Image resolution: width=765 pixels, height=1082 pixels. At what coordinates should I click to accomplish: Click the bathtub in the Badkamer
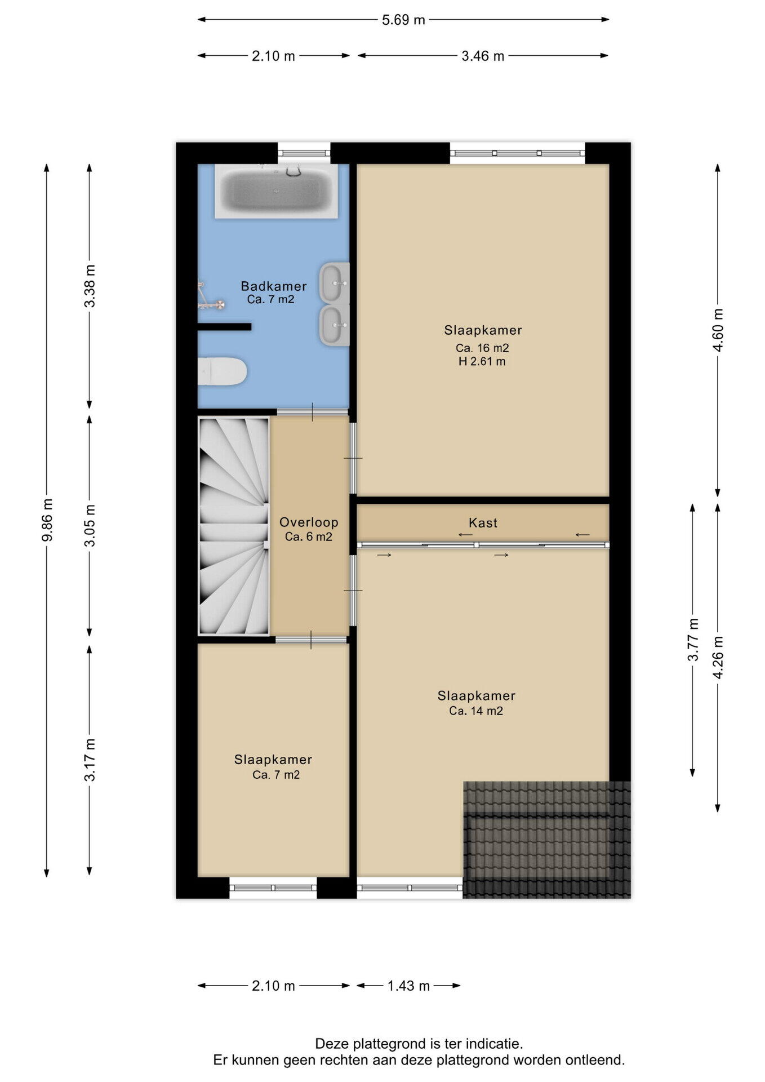(276, 191)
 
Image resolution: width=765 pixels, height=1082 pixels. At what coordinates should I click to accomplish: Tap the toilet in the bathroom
(223, 371)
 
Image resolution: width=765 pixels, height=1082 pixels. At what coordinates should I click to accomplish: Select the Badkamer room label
(274, 286)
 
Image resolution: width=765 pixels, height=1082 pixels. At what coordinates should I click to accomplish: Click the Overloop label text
(309, 522)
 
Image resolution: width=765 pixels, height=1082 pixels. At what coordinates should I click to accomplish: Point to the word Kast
(483, 523)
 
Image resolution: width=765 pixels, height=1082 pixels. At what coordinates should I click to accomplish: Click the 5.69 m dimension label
(403, 20)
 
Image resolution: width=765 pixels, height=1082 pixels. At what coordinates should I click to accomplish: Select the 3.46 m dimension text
(483, 56)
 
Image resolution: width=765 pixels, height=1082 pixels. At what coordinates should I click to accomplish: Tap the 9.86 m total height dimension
(47, 519)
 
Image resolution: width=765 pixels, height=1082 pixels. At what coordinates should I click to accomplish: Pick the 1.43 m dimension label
(408, 986)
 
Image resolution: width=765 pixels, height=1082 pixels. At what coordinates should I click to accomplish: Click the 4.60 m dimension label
(718, 330)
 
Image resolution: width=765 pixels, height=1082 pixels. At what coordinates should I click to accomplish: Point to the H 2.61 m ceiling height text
(482, 362)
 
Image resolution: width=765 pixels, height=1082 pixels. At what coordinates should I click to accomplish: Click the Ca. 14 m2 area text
(476, 711)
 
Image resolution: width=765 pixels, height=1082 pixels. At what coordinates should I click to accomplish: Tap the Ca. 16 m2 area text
(482, 348)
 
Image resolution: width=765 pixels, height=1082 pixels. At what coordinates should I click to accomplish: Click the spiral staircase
(234, 526)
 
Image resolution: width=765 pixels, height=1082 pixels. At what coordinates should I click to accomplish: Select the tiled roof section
(546, 839)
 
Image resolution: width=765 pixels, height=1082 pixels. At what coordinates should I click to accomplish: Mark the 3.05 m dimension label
(90, 525)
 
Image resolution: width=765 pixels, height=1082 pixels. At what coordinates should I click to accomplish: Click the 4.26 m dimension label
(718, 657)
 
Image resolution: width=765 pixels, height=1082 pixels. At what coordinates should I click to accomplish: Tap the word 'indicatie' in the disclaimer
(499, 1044)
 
